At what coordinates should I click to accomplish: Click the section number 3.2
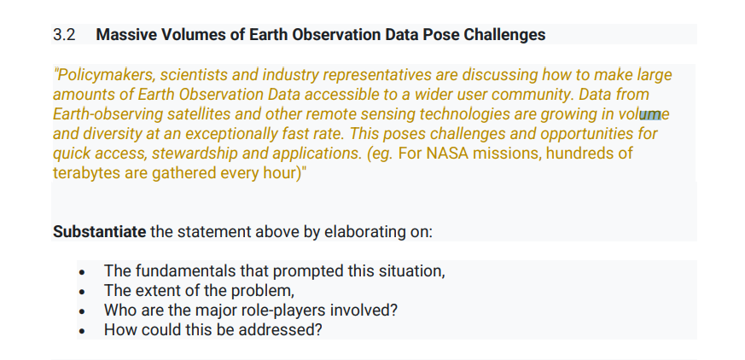64,35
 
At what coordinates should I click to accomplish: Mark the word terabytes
86,172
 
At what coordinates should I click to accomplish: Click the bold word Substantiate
100,232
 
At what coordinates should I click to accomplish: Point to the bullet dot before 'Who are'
81,311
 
